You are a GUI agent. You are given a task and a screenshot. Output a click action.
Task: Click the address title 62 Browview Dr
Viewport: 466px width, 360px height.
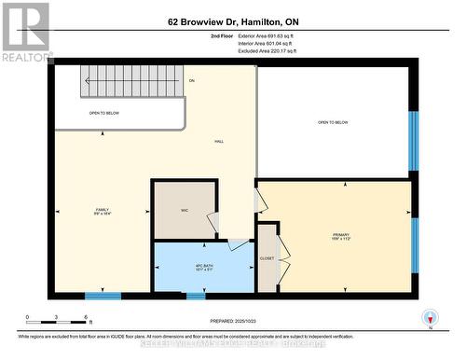coord(233,21)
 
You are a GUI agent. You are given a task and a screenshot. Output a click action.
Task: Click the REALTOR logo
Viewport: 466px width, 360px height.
coord(25,32)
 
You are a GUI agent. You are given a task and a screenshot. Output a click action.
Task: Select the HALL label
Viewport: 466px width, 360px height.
coord(217,140)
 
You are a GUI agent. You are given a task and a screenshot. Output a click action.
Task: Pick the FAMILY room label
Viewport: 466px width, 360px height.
coord(102,212)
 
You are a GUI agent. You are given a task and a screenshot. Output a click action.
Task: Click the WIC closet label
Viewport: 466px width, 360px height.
coord(184,209)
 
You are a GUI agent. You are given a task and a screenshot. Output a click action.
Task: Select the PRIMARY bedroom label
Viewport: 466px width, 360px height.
coord(339,236)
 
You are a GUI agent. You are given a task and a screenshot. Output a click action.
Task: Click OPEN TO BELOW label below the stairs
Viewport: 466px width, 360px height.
coord(103,112)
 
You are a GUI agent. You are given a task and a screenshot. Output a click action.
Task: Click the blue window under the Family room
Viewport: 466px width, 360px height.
coord(103,297)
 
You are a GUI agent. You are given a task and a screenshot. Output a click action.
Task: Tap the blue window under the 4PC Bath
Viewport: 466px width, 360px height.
coord(196,297)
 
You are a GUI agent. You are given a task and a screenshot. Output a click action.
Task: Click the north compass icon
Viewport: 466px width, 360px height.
coord(429,317)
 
